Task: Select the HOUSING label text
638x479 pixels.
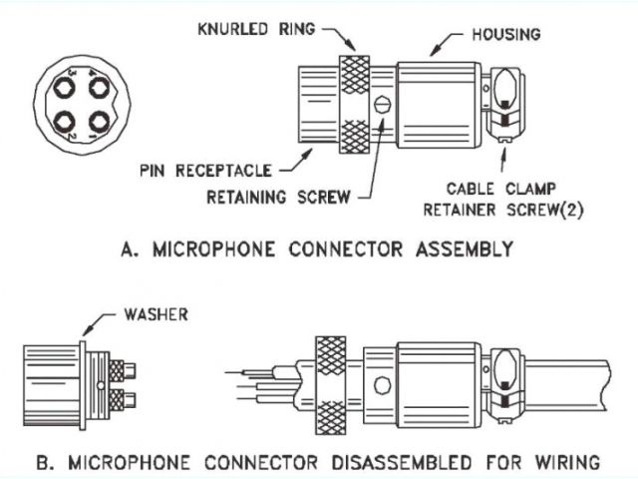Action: tap(504, 34)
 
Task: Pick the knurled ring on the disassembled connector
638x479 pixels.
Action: tap(329, 383)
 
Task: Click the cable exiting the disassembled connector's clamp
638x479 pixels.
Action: tap(568, 385)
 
